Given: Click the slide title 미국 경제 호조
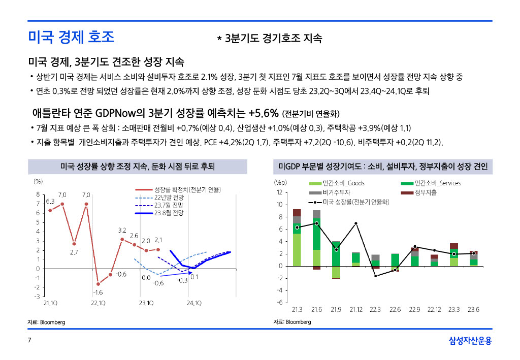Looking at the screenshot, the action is (x=71, y=37).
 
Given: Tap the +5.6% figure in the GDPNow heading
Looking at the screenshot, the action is (x=264, y=113).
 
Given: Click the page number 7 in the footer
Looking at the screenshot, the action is (x=29, y=340).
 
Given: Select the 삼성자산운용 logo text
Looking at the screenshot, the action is (x=470, y=340).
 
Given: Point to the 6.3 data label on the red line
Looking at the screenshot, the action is (x=50, y=202).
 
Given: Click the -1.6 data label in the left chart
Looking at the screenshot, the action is (x=97, y=292).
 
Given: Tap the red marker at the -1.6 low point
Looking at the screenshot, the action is (x=98, y=284).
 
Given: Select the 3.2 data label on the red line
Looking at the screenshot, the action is (x=122, y=231).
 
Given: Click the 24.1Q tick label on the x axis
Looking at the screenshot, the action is (x=194, y=303).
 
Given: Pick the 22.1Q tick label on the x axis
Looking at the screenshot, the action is (x=98, y=303).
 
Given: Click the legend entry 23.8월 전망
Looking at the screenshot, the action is (x=159, y=213).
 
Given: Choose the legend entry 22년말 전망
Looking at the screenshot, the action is (x=159, y=198).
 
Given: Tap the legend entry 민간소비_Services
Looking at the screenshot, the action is (x=431, y=183).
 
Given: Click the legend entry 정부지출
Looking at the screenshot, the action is (x=419, y=192).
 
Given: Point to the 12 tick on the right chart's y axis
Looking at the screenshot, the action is (x=280, y=192).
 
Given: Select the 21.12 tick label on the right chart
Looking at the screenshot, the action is (x=356, y=310).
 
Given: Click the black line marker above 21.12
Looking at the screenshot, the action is (x=356, y=223).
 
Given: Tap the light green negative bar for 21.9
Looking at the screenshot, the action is (x=336, y=272).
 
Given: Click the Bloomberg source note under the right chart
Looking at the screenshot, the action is (x=292, y=322).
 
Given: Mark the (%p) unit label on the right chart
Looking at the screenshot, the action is (x=280, y=183).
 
